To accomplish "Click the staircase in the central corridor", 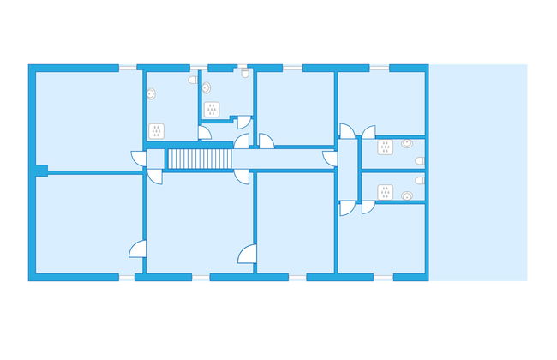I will pyautogui.click(x=200, y=159).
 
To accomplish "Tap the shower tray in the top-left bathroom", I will pyautogui.click(x=157, y=130).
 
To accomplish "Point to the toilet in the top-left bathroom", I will pyautogui.click(x=193, y=80).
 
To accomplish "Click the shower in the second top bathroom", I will pyautogui.click(x=213, y=109).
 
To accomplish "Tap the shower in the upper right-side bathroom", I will pyautogui.click(x=386, y=147).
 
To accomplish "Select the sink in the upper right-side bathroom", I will pyautogui.click(x=419, y=160).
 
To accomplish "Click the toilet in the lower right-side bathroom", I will pyautogui.click(x=408, y=195).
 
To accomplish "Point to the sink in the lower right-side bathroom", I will pyautogui.click(x=419, y=180).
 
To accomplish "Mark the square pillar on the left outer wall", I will pyautogui.click(x=40, y=170).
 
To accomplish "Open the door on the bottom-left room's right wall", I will pyautogui.click(x=138, y=249).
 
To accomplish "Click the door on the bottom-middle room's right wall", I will pyautogui.click(x=248, y=254).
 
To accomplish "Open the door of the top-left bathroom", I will pyautogui.click(x=204, y=132).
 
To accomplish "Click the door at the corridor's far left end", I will pyautogui.click(x=138, y=159).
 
